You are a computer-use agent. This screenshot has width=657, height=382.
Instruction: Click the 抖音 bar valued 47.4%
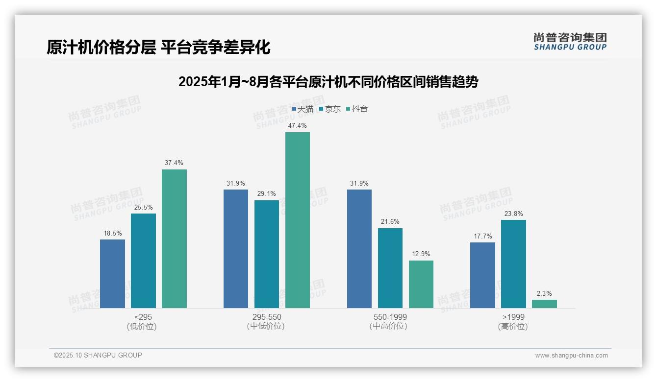pos(298,220)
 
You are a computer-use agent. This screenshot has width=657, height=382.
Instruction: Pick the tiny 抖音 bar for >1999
pos(544,304)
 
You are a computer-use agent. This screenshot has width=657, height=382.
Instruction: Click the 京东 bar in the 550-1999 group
pos(390,268)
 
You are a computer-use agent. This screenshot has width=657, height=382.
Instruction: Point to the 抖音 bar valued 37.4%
pos(174,239)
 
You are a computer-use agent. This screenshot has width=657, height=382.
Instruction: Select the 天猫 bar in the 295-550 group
pos(236,248)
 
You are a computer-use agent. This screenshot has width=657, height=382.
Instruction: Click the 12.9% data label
pos(421,254)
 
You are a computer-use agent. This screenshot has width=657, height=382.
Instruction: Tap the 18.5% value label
pos(112,233)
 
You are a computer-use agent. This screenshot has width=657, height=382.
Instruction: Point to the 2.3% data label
pos(544,293)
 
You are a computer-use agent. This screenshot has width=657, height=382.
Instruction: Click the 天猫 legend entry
pos(303,109)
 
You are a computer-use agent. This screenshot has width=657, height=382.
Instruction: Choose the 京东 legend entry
pos(330,109)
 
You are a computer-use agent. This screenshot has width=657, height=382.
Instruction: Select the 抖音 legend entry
pos(357,109)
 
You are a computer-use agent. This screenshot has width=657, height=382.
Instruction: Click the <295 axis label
pos(143,317)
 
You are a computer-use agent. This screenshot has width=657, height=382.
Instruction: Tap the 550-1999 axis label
pos(390,317)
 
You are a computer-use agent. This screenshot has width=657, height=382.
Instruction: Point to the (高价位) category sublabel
pos(513,327)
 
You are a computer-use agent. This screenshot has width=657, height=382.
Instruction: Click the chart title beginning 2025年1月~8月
pos(328,82)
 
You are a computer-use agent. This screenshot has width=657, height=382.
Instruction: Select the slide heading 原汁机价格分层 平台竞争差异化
pos(158,48)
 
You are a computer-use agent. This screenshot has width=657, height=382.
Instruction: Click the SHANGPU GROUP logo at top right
pos(570,42)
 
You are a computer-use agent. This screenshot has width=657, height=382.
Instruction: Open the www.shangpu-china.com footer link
pos(571,356)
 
